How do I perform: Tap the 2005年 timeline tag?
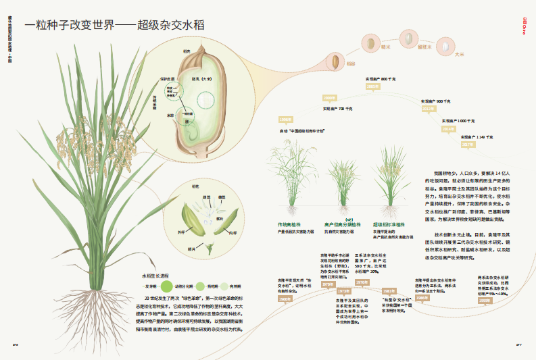tap(373, 86)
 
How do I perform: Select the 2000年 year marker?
tap(330, 98)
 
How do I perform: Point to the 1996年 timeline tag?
tap(285, 120)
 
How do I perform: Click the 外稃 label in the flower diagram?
tap(181, 231)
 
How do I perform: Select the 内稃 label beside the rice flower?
tap(233, 232)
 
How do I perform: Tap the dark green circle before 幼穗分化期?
tap(167, 286)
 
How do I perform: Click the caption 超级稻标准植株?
tap(389, 224)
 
